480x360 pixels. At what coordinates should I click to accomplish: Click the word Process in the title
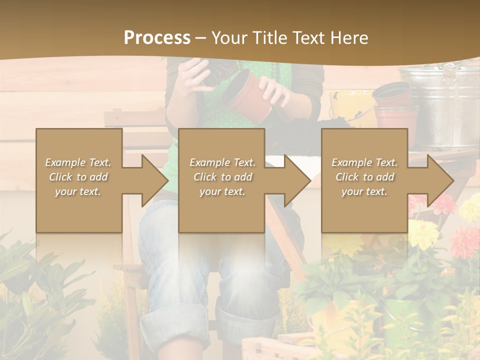pyautogui.click(x=157, y=37)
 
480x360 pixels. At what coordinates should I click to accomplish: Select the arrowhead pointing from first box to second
pyautogui.click(x=155, y=180)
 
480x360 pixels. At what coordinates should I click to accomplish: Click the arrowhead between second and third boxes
pyautogui.click(x=298, y=180)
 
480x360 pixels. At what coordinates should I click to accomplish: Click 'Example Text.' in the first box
pyautogui.click(x=78, y=162)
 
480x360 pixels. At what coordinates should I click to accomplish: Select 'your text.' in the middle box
pyautogui.click(x=222, y=191)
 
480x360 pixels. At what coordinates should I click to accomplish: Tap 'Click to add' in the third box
pyautogui.click(x=364, y=177)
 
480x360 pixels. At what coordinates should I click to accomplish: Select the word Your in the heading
pyautogui.click(x=229, y=37)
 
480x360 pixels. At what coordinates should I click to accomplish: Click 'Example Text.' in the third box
pyautogui.click(x=364, y=162)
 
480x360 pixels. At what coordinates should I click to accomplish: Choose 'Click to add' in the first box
pyautogui.click(x=78, y=177)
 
